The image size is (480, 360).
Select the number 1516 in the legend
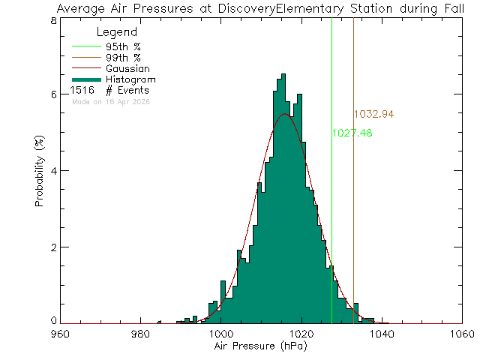[x=82, y=90]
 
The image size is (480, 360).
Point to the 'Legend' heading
[x=117, y=33]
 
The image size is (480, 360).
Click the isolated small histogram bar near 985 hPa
[x=159, y=322]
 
